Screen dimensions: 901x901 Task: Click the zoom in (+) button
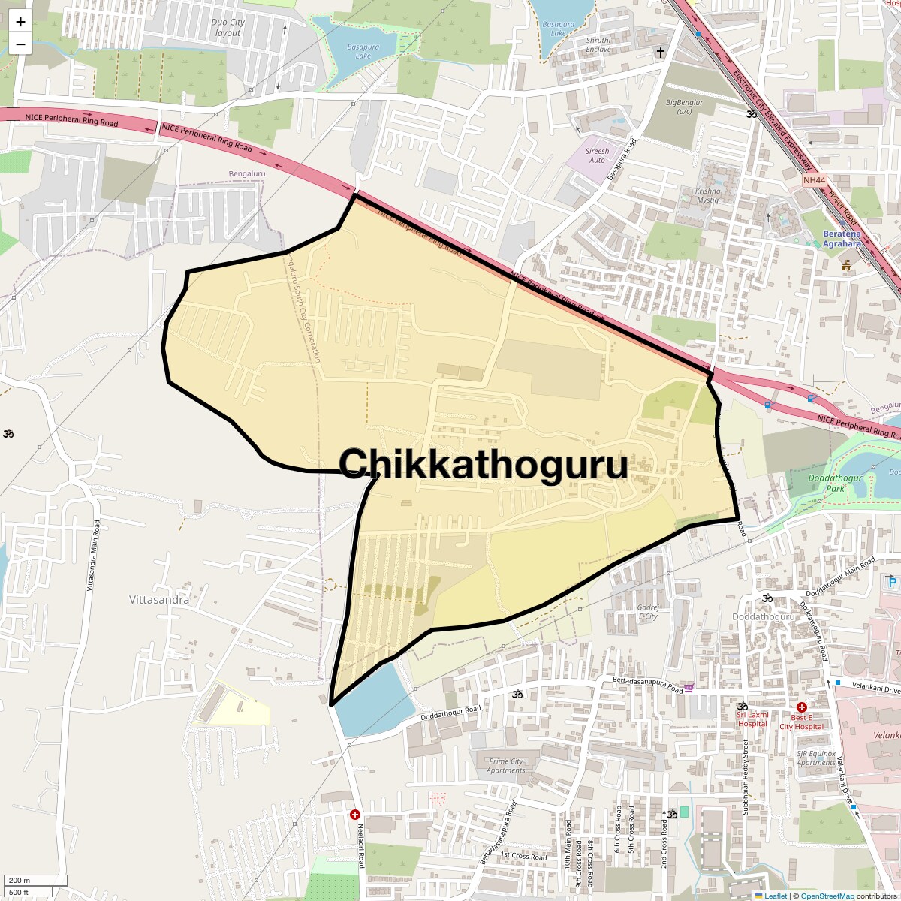[20, 22]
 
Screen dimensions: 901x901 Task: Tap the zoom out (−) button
[20, 44]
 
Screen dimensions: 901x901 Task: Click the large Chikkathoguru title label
[483, 464]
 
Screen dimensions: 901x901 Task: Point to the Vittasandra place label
[159, 600]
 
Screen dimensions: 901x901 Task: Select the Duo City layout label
[228, 28]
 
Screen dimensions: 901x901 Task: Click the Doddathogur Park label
[835, 483]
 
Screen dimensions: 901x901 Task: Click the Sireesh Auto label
[597, 155]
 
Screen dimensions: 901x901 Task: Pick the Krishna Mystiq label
[707, 195]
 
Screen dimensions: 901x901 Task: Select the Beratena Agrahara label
[842, 239]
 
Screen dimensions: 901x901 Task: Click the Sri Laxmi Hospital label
[752, 719]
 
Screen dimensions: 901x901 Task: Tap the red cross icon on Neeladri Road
[355, 815]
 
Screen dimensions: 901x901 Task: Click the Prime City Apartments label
[505, 765]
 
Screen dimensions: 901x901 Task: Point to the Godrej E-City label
[648, 612]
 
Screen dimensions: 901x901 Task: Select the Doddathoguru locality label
[763, 616]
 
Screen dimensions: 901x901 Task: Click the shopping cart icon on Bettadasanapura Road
[689, 688]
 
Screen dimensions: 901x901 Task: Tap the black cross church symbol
[661, 52]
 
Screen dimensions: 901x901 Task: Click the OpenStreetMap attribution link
[827, 896]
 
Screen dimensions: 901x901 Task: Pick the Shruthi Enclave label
[598, 44]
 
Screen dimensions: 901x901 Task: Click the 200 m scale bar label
[20, 881]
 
